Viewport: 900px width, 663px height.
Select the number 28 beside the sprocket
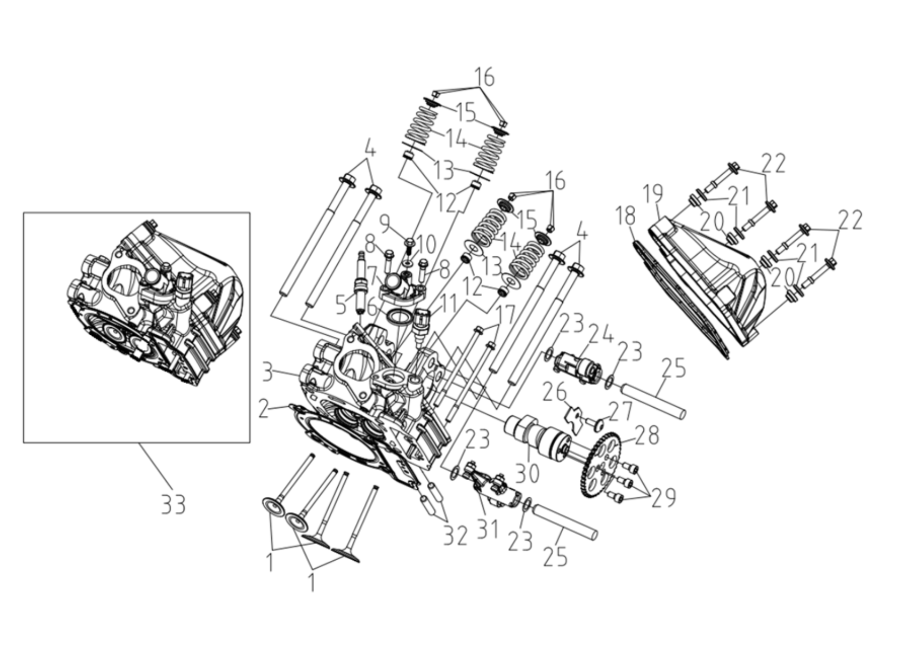[646, 435]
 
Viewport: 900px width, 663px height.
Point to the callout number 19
[653, 194]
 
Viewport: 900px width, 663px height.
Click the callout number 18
[626, 216]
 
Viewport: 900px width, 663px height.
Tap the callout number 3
[268, 373]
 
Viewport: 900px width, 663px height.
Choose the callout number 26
[555, 392]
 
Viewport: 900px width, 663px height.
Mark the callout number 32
[456, 536]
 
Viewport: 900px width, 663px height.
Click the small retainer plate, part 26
[574, 420]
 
